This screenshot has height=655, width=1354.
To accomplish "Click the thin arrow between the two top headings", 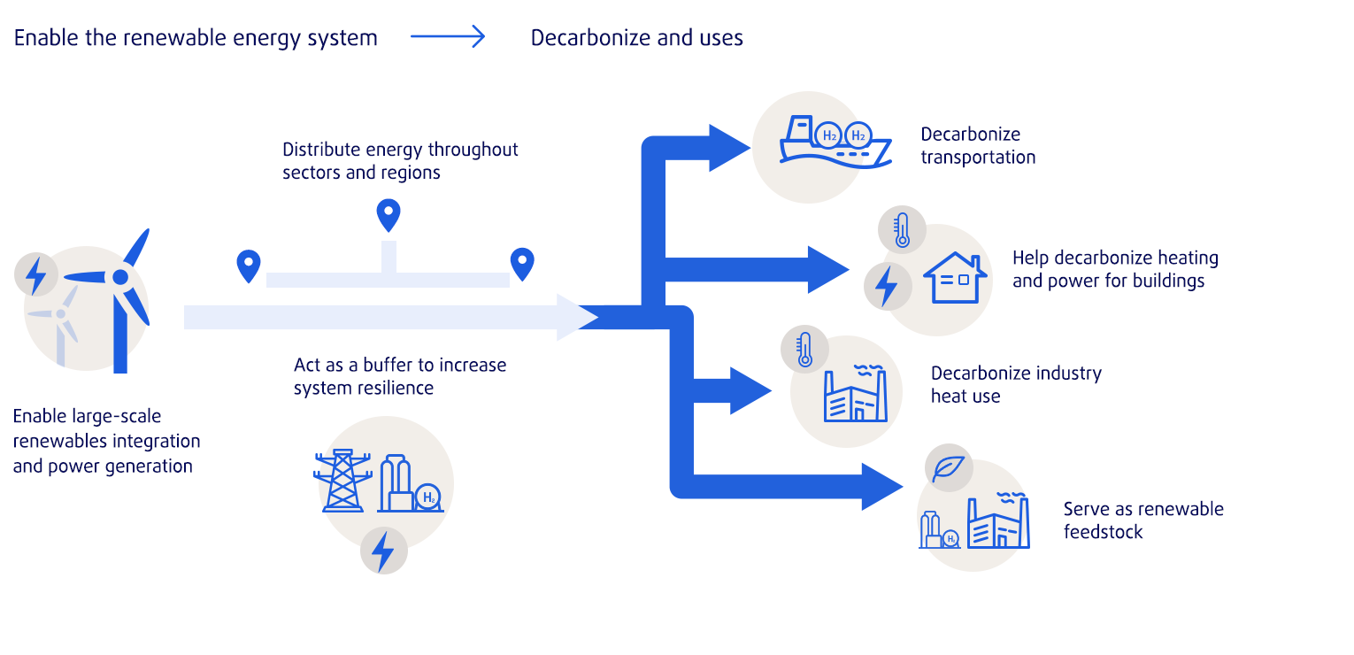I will point(448,37).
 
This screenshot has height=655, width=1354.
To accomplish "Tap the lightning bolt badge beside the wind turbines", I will point(36,275).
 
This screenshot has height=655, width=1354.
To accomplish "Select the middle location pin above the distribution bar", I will point(389,214).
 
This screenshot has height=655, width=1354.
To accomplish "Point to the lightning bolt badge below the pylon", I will point(383,551).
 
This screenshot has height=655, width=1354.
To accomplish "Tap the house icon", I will point(955,278).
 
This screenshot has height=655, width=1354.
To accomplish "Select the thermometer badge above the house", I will point(902,228).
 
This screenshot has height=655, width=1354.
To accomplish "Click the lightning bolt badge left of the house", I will point(886,285).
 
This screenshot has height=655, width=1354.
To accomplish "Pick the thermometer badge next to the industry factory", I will point(804,348).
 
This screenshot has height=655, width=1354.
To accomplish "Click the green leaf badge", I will point(948,468).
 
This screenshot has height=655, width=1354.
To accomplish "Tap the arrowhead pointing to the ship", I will point(729,147).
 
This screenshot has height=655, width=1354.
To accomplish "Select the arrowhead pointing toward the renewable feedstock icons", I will point(881,486).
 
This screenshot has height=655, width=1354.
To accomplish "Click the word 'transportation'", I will point(978,158).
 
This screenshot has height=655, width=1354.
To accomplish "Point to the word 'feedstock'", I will point(1103,532).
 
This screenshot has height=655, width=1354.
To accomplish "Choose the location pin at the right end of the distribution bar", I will point(523,264).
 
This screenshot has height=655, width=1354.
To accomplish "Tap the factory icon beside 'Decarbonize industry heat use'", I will point(854,395).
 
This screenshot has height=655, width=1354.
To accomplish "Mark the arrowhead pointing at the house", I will point(828,269).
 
